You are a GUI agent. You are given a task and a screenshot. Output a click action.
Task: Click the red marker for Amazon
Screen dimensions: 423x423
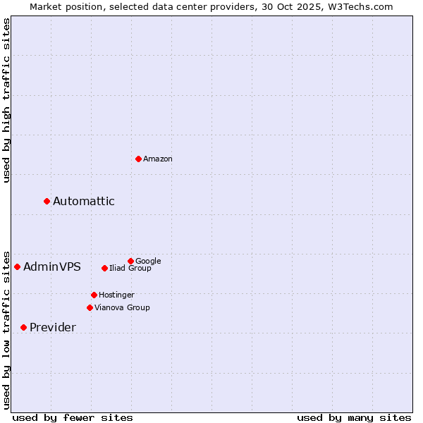[138, 159]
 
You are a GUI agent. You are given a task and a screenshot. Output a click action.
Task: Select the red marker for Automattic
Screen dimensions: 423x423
[47, 201]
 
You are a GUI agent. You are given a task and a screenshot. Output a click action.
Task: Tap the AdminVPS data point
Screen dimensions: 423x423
[18, 266]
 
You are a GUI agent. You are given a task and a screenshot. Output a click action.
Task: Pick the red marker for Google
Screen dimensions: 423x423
[130, 261]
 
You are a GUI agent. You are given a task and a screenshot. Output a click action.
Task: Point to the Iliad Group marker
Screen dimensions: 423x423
[104, 268]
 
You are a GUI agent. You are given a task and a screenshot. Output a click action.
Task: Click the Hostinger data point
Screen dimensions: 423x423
[94, 295]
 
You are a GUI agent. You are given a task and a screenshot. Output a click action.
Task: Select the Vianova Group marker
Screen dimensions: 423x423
[90, 307]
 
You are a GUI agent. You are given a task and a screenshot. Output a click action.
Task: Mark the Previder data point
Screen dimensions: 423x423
[23, 327]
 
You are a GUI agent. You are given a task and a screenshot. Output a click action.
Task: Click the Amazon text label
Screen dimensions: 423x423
[158, 159]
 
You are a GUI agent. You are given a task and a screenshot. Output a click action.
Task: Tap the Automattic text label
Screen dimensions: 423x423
[84, 202]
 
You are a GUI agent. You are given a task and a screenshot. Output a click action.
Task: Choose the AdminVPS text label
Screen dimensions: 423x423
[52, 267]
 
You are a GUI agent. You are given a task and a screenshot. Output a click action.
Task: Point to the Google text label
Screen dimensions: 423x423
[148, 261]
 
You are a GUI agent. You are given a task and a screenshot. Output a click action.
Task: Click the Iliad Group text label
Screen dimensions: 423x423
[130, 269]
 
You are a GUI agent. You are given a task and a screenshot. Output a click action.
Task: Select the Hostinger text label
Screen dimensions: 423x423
[116, 295]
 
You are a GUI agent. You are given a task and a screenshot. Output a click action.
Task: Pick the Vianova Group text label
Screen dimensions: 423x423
[122, 308]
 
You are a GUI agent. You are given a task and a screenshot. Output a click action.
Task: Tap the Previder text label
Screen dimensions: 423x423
[53, 328]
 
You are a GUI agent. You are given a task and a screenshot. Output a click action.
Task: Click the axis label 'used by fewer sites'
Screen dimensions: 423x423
[73, 417]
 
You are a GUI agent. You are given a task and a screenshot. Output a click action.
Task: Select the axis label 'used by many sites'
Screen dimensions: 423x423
[354, 417]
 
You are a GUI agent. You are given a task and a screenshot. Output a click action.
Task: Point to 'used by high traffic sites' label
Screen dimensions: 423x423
[6, 100]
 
